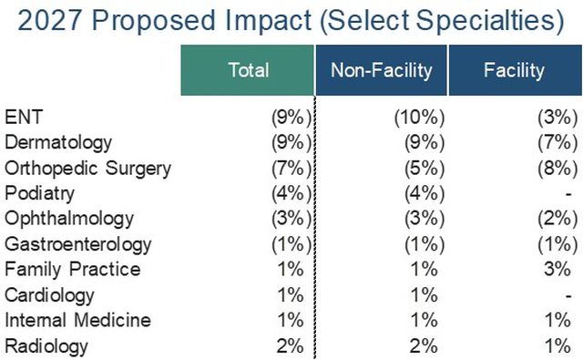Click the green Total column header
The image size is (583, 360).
pos(248,70)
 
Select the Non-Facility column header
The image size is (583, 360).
pos(381,70)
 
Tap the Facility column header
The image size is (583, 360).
pos(515,70)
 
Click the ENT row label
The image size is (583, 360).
pos(24,117)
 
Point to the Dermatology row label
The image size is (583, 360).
pos(58,143)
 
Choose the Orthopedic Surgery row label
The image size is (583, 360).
pos(87,169)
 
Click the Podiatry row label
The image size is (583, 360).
pos(39,194)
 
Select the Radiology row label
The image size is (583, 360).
pos(46,346)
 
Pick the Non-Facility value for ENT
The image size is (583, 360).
pos(419,118)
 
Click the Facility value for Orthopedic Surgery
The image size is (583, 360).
pos(557,169)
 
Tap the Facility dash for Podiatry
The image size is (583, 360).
pos(568,194)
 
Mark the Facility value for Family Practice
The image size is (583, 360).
pos(557,269)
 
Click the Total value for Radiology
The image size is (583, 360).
pos(291,345)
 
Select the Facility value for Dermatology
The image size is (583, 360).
pos(557,143)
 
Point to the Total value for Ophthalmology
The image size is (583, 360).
pos(291,219)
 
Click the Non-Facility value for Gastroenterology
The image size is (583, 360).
pos(424,245)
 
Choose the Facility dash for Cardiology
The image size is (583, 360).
pos(568,296)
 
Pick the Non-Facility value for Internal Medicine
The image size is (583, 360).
pos(424,320)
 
